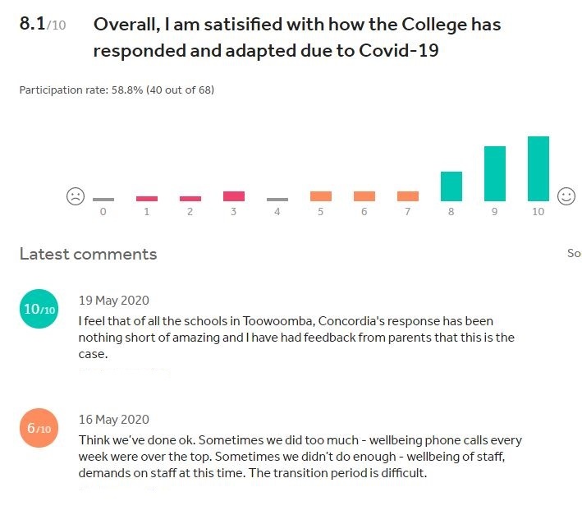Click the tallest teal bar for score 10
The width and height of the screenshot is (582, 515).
538,168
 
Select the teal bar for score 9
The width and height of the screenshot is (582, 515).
495,173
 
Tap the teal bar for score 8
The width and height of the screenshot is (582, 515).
451,186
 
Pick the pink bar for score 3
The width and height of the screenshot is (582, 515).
234,196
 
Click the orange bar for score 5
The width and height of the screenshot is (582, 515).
321,196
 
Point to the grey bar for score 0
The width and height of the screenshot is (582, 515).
103,200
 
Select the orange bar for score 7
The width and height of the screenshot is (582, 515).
408,196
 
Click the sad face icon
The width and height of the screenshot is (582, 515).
76,196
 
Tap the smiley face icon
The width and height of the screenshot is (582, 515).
566,196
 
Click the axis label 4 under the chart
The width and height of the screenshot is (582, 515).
277,212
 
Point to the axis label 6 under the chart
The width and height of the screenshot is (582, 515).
364,212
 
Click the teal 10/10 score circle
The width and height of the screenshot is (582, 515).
39,309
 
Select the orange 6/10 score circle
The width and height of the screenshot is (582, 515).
39,428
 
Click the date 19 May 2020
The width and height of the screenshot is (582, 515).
113,300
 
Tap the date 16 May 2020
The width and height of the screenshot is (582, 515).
113,419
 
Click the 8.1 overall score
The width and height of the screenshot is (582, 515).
33,24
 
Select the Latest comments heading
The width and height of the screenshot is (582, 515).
88,254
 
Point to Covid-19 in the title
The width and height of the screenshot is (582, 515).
399,50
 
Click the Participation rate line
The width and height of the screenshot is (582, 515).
117,90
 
